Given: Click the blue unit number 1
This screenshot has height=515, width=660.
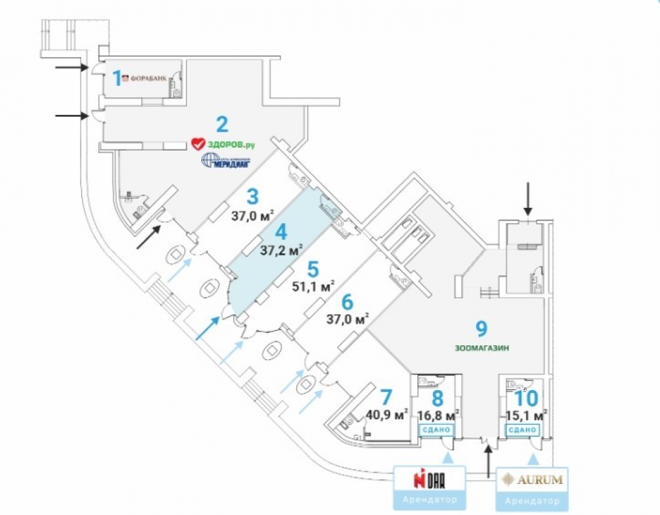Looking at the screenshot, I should click(117, 79).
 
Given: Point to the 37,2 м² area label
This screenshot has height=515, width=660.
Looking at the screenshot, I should click(282, 250).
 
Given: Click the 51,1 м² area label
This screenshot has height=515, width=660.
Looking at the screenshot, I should click(313, 285).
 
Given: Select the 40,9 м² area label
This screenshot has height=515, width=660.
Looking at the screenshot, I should click(387, 415).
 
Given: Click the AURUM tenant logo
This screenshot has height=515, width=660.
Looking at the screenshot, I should click(532, 479).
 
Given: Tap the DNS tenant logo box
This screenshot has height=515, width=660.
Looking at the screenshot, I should click(430, 479).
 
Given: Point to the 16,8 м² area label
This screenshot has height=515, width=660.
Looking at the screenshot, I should click(438, 415).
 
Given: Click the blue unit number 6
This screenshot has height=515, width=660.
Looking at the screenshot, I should click(347, 302).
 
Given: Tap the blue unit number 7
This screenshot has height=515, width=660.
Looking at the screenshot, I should click(386, 397).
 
